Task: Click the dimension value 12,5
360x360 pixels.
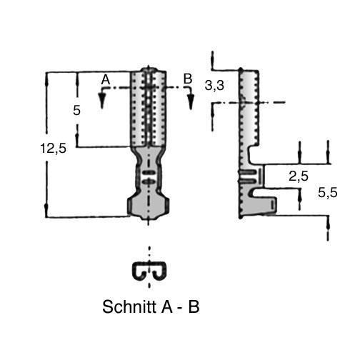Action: click(x=54, y=149)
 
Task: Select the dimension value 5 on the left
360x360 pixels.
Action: click(x=76, y=111)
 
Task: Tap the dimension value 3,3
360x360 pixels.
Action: click(x=214, y=86)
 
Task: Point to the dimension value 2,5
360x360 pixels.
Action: click(x=299, y=176)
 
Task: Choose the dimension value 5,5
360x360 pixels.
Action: click(x=328, y=193)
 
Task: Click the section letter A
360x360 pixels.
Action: click(x=106, y=80)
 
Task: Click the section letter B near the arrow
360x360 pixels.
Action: click(x=188, y=79)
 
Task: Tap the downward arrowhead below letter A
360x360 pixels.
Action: click(x=102, y=100)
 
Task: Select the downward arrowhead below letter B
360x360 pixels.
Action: click(x=191, y=101)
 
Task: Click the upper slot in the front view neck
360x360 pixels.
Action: click(x=149, y=172)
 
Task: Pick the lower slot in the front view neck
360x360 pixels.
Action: click(x=149, y=182)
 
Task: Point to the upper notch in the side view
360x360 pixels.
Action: click(x=254, y=155)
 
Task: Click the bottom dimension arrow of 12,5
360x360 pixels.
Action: click(x=47, y=209)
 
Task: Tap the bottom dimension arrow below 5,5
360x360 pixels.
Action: click(x=329, y=224)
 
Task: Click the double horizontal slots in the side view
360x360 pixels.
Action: click(x=248, y=176)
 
